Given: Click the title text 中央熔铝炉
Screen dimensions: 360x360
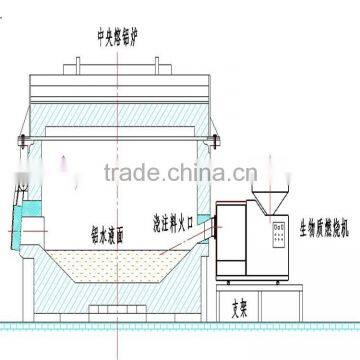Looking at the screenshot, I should [122, 38].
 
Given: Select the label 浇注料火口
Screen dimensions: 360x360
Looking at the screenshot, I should [173, 221].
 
